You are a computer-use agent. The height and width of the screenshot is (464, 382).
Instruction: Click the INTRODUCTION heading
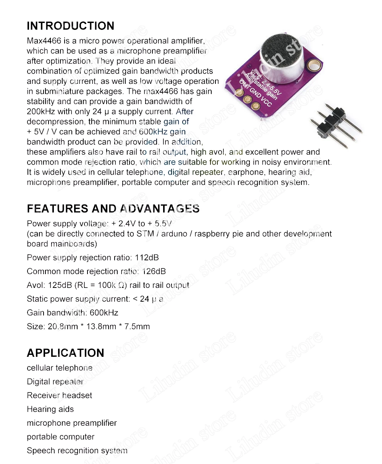pos(70,26)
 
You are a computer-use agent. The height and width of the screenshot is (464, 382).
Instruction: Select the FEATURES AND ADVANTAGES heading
pos(113,209)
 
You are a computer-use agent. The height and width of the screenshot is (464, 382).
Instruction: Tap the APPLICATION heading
pos(65,353)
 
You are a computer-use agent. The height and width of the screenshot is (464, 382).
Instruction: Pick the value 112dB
pos(147,258)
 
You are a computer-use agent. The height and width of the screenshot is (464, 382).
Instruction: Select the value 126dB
pos(154,271)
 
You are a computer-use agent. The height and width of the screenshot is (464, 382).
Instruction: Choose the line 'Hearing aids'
pos(50,409)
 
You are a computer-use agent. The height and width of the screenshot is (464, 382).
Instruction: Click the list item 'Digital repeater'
pos(55,382)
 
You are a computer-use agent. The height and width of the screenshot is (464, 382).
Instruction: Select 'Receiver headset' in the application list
pos(59,395)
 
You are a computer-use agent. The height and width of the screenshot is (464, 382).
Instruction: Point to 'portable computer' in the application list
pos(60,437)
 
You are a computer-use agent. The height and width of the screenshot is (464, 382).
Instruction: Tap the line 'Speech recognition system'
pos(77,451)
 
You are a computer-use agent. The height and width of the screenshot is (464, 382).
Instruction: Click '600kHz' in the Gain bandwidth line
pos(104,313)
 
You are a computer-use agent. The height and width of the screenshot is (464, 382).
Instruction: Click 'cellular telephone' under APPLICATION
pos(59,368)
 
